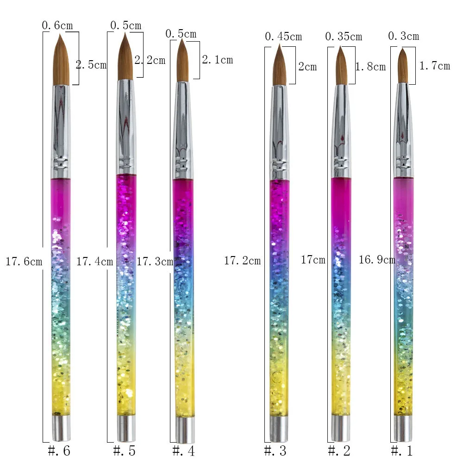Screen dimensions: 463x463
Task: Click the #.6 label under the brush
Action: (x=59, y=450)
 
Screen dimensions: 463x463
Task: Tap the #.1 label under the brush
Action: (x=401, y=450)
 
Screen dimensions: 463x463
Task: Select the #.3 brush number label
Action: (x=275, y=450)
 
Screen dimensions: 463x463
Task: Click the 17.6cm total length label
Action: (x=24, y=262)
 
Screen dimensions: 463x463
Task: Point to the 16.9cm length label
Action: (x=377, y=260)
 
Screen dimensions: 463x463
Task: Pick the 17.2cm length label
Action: (x=242, y=261)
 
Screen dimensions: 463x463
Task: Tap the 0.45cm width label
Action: (x=283, y=36)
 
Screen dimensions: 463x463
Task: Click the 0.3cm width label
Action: (x=404, y=36)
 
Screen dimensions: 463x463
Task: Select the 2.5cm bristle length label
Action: (x=91, y=65)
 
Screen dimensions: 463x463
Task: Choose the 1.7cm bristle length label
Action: (x=434, y=66)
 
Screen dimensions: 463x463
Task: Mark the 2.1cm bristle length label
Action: (x=217, y=60)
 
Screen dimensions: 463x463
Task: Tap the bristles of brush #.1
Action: (x=403, y=67)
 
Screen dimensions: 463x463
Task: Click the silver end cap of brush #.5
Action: (x=126, y=428)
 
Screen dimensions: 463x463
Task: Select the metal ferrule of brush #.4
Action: (x=183, y=130)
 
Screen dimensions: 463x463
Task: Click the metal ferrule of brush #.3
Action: (x=279, y=132)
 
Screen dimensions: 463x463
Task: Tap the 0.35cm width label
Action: (x=344, y=37)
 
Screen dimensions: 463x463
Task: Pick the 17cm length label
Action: (x=313, y=260)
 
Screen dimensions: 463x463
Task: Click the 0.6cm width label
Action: (x=57, y=25)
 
